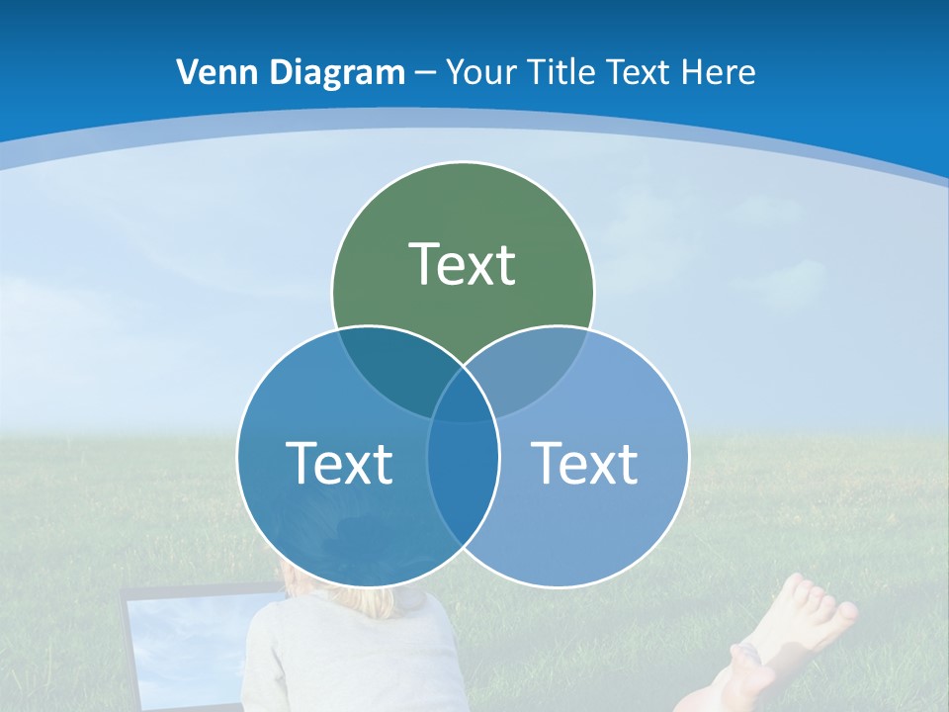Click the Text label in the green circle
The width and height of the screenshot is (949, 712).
pyautogui.click(x=463, y=264)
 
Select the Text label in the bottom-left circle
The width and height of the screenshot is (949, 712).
pyautogui.click(x=339, y=462)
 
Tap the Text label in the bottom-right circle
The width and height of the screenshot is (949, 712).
pyautogui.click(x=584, y=462)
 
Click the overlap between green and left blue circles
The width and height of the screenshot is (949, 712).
pyautogui.click(x=390, y=371)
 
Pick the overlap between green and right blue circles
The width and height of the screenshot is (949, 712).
pyautogui.click(x=539, y=371)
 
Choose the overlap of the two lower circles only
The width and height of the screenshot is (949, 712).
pyautogui.click(x=463, y=494)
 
